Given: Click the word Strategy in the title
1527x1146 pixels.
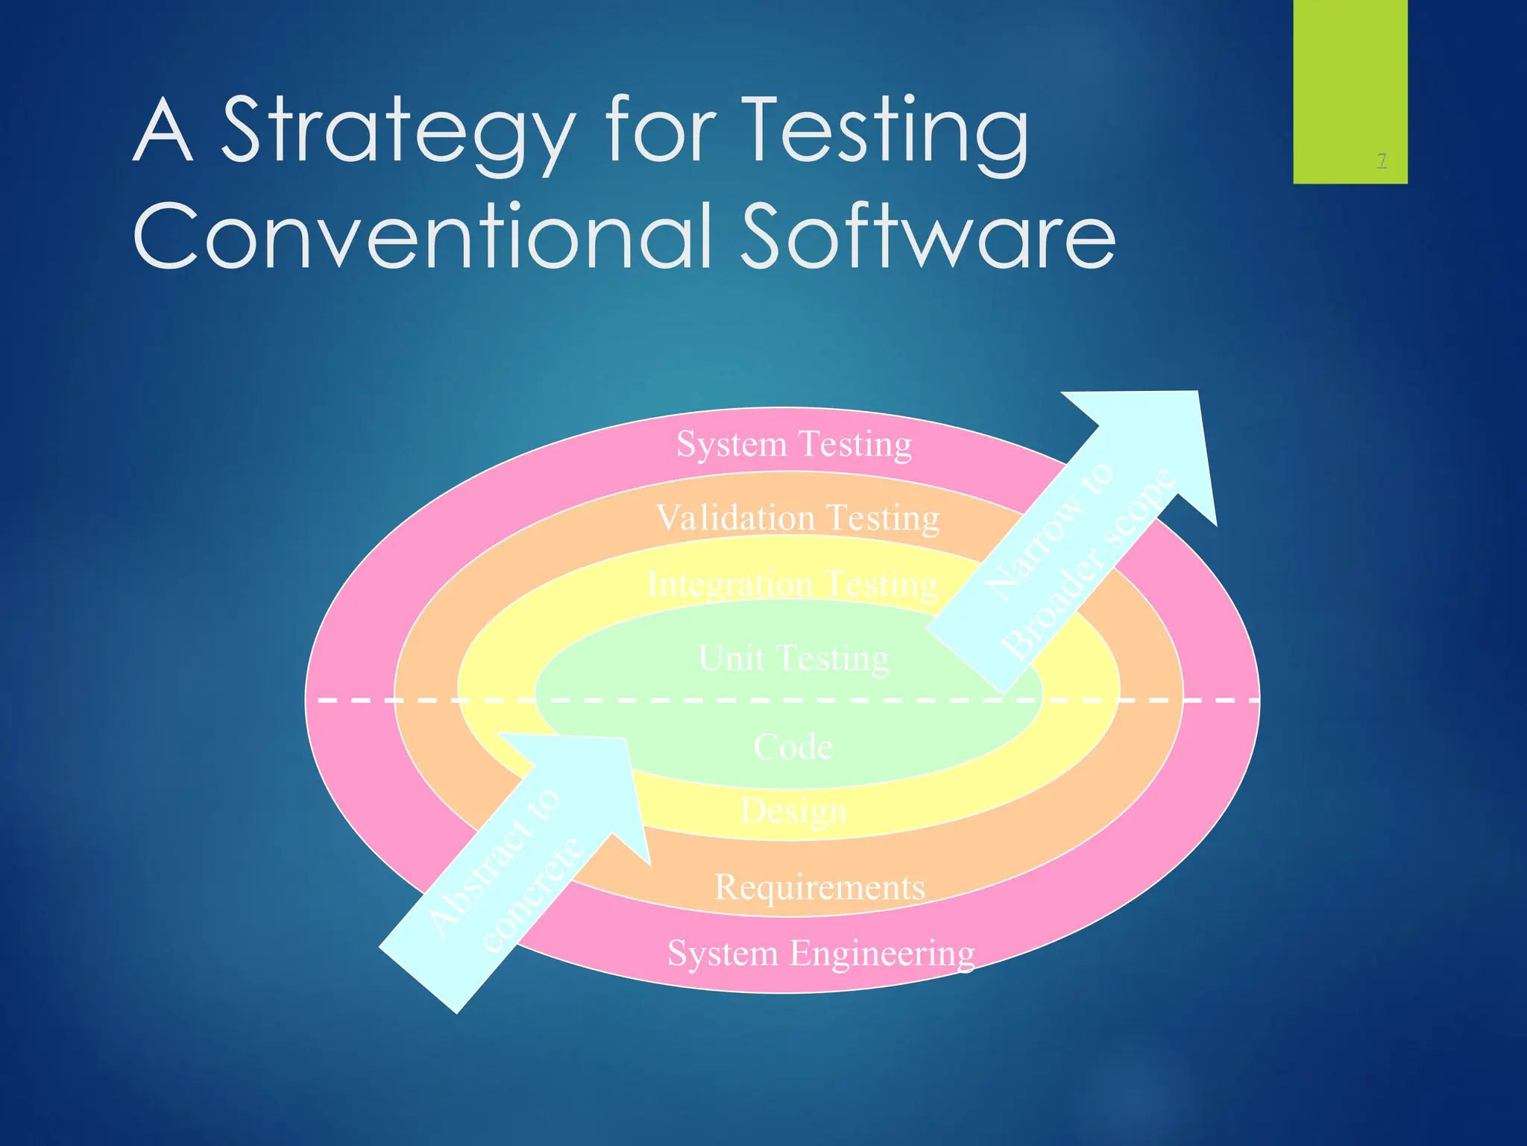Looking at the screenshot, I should [399, 133].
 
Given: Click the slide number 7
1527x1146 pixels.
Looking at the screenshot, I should [1382, 160].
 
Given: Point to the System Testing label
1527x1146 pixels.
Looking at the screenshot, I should [794, 444].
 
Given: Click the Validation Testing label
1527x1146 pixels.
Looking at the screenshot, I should [797, 518].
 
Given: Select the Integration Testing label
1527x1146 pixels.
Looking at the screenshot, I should [792, 583].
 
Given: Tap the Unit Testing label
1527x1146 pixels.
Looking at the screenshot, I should [793, 658].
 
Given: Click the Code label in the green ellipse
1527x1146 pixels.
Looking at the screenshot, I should [793, 747].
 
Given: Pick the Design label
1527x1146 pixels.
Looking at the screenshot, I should [793, 811].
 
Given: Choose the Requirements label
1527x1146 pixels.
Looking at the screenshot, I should [819, 887].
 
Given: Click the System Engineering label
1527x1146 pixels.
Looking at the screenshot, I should [820, 954].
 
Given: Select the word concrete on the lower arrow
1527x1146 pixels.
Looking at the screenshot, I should [533, 895].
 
